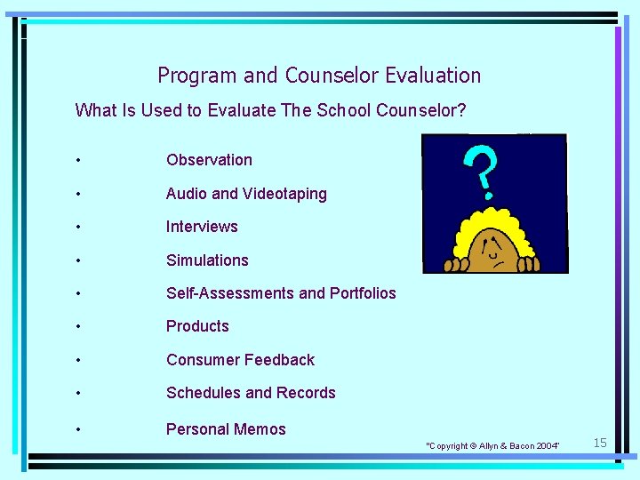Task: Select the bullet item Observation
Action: (209, 160)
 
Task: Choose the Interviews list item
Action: (202, 227)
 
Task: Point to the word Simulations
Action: (207, 260)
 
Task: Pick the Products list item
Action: (197, 326)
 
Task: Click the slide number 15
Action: (600, 443)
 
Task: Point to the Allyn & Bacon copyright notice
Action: (493, 445)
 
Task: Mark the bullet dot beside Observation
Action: (79, 161)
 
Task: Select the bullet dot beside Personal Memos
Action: (79, 430)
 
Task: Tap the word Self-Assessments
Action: (228, 293)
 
